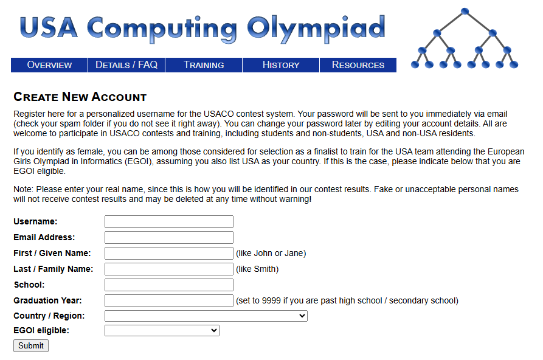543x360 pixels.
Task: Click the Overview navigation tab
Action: click(49, 65)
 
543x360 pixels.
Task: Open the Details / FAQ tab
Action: click(126, 65)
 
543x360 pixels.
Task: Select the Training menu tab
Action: click(204, 65)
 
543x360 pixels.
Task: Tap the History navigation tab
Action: click(281, 65)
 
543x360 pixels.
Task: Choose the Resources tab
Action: click(358, 65)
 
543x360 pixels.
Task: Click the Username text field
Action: click(169, 221)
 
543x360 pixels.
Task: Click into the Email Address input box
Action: click(169, 237)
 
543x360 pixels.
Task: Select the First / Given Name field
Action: click(169, 253)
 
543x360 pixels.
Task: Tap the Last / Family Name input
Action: click(169, 269)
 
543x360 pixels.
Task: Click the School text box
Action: click(169, 285)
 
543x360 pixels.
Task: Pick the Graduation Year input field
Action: click(169, 300)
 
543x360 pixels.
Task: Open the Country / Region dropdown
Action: click(206, 316)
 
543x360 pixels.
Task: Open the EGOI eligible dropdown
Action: click(162, 330)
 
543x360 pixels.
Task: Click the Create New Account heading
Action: click(80, 97)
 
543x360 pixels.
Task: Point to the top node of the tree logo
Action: click(465, 12)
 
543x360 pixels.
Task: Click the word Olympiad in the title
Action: click(316, 28)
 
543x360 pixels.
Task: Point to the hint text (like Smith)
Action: click(257, 269)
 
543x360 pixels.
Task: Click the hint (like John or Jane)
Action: click(271, 253)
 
